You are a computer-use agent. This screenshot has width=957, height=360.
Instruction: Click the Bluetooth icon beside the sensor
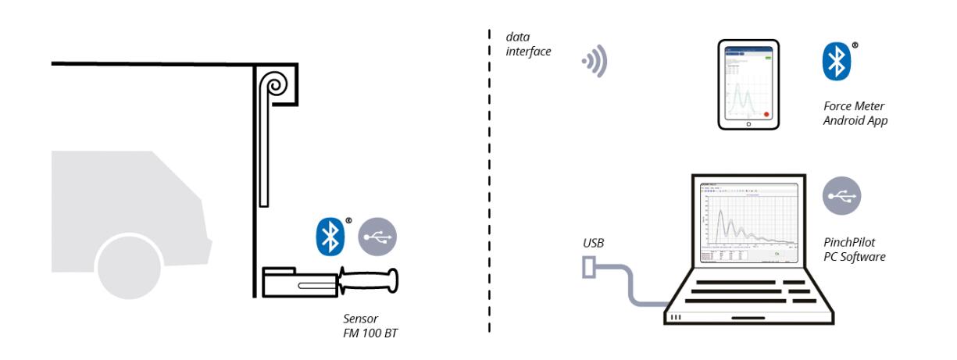pos(330,237)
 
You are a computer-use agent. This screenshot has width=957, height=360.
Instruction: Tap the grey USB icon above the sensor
pos(377,237)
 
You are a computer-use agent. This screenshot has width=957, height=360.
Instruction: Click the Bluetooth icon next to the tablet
pos(837,61)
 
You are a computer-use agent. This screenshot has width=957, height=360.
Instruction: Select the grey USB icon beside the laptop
pos(841,195)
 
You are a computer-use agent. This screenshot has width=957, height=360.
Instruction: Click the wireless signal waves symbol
pos(594,62)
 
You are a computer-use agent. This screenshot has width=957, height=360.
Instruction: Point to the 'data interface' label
pos(529,44)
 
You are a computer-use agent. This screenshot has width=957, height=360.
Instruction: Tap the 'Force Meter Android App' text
pos(855,114)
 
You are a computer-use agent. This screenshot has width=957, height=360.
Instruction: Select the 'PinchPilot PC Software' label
pos(854,249)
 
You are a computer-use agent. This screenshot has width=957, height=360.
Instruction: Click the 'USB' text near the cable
pos(592,245)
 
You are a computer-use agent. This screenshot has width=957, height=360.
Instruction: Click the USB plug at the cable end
pos(591,268)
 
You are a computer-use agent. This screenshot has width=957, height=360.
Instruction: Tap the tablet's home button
pos(748,123)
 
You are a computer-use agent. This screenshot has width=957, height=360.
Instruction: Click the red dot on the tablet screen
pos(766,113)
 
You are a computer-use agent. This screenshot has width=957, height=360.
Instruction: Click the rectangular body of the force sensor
pos(298,283)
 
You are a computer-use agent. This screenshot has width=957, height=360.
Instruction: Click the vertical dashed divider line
pos(489,180)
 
